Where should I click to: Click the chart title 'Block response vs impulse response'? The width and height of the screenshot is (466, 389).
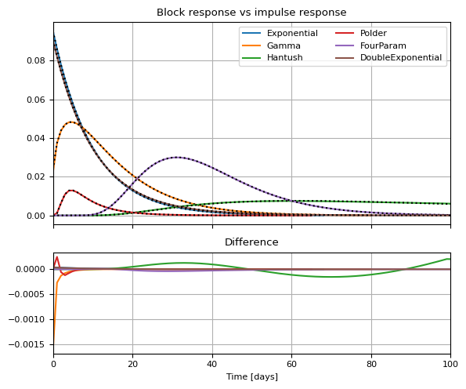point(251,13)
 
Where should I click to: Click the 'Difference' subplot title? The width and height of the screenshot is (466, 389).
point(251,242)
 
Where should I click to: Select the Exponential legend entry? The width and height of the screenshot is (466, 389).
point(280,33)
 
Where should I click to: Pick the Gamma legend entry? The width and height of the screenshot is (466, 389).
point(271,45)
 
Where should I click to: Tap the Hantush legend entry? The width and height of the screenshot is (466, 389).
point(273,57)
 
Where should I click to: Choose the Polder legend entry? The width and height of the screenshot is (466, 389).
point(361,33)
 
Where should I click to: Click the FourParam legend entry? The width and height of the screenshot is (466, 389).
point(370,45)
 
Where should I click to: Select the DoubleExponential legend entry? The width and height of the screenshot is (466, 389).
point(388,57)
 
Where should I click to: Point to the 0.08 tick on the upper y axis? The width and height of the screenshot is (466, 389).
point(36,60)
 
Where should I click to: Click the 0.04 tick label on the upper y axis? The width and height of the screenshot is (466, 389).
point(36,138)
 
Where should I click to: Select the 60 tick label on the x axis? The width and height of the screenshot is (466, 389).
point(291,364)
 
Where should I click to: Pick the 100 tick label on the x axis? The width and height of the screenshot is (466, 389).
point(450,364)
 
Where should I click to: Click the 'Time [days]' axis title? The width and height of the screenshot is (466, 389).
point(252,376)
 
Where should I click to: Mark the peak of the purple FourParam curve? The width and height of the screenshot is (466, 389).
point(177,158)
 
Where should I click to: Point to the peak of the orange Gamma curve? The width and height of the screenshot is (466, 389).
point(71,122)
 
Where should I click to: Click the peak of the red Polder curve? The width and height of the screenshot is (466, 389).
point(71,190)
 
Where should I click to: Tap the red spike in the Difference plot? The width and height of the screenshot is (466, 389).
point(57,257)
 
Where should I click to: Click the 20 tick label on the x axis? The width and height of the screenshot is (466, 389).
point(132,364)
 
